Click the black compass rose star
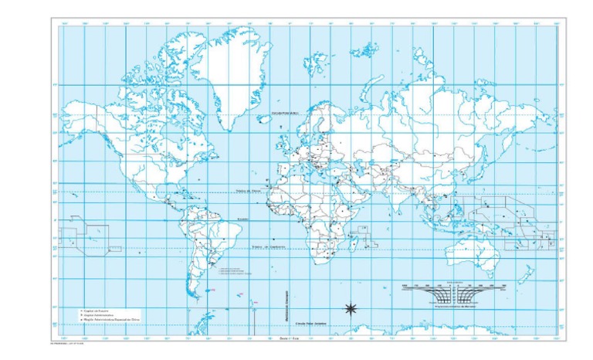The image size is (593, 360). click(350, 309)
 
